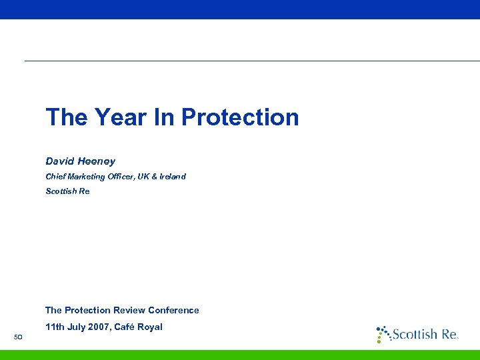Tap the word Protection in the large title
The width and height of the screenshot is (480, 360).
[x=240, y=117]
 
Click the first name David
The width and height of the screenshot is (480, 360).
[x=59, y=161]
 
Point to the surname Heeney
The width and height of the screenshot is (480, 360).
[x=96, y=161]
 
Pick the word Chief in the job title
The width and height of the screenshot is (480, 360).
[x=55, y=177]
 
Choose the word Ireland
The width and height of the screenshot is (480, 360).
[x=173, y=177]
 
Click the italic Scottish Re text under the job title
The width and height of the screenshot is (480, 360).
[x=67, y=191]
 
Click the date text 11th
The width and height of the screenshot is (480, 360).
[x=55, y=327]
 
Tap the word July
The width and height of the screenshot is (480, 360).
[x=77, y=327]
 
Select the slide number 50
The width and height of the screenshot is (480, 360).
[x=19, y=336]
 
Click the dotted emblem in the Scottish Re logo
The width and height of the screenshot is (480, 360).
[x=383, y=333]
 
